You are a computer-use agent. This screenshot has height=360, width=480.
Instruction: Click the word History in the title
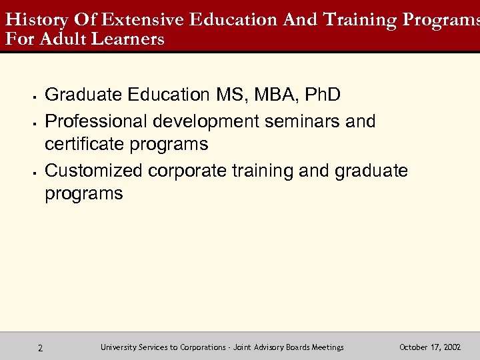tap(30, 19)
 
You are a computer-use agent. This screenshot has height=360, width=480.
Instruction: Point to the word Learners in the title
tap(129, 39)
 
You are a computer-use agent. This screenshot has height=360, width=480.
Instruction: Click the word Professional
tap(96, 121)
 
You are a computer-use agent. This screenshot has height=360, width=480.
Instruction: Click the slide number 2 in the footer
tap(41, 348)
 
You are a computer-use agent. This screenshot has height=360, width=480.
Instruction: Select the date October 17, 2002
tap(429, 347)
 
